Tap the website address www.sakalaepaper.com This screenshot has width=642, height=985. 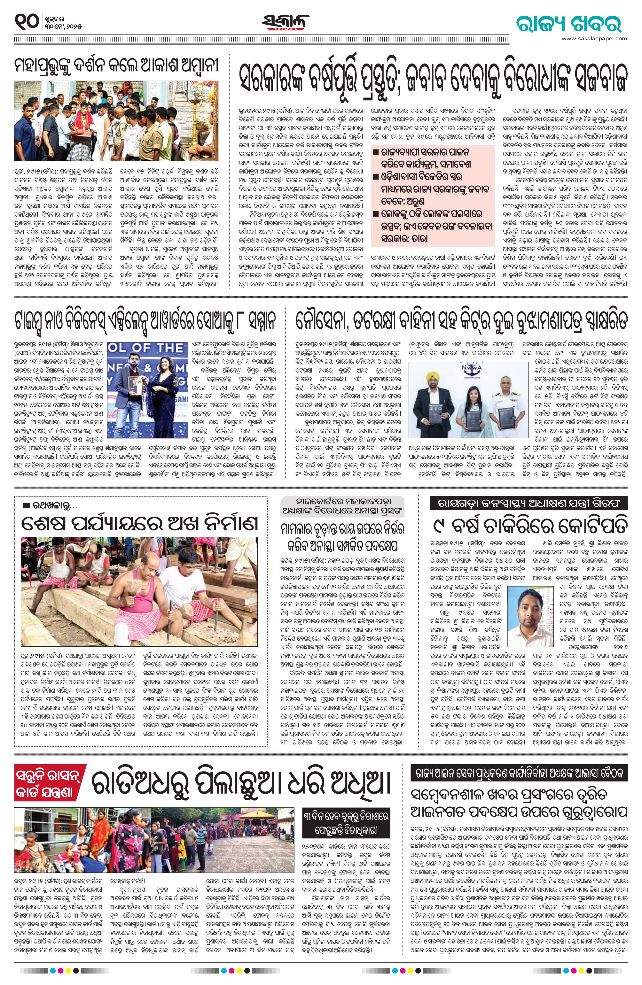pos(595,38)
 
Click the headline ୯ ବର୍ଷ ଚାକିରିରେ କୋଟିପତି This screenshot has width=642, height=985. pos(529,526)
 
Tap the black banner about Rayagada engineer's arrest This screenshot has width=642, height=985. pos(529,503)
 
